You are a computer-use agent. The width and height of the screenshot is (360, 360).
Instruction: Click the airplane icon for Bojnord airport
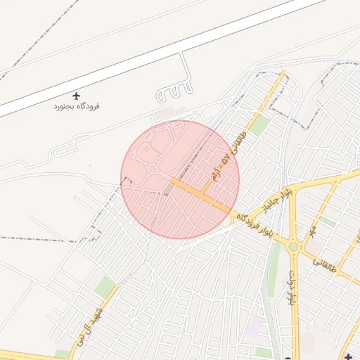tap(77, 96)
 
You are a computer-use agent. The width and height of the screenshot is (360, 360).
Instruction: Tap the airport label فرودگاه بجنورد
tap(77, 107)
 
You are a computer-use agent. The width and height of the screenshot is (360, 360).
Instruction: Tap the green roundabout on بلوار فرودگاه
tap(293, 247)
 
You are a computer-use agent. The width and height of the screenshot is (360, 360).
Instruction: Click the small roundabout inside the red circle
tap(152, 169)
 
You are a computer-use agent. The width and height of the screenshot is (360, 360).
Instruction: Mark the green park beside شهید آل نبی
tap(105, 286)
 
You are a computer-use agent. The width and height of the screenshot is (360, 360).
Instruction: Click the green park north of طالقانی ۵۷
tap(259, 125)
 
